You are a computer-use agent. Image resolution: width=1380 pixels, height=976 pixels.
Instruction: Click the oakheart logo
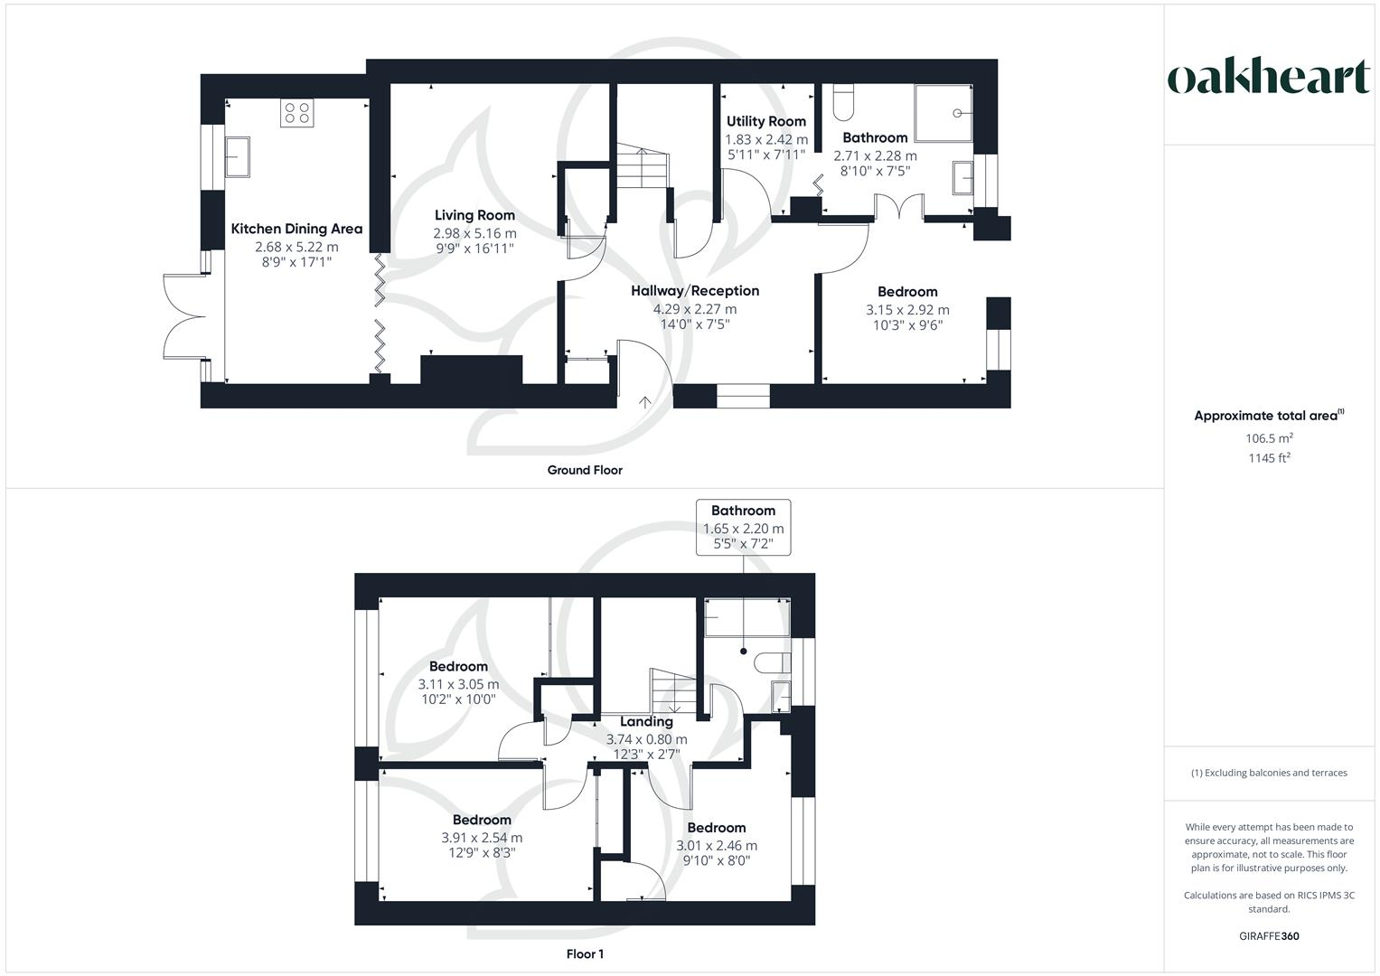tap(1269, 78)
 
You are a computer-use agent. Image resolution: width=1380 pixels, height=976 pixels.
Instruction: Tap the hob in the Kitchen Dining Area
tap(296, 112)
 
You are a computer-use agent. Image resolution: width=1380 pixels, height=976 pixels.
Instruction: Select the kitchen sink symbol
tap(238, 158)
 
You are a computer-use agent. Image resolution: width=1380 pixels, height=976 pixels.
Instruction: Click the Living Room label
tap(474, 215)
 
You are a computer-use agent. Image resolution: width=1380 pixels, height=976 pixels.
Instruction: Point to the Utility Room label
tap(765, 121)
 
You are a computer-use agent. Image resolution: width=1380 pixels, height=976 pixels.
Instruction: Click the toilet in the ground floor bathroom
tap(842, 102)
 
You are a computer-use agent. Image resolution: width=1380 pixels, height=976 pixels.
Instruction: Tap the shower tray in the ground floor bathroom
tap(943, 114)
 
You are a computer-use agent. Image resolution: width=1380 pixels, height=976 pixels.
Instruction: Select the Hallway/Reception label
tap(694, 291)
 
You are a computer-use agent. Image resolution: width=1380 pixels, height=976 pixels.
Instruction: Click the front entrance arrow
tap(645, 402)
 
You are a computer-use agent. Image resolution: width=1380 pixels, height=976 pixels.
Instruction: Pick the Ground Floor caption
tap(585, 470)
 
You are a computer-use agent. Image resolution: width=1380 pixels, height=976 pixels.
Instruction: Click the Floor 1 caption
tap(585, 954)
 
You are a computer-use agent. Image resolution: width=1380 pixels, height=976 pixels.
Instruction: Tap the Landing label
tap(646, 722)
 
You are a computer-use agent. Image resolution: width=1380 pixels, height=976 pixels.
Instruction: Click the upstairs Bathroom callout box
tap(743, 528)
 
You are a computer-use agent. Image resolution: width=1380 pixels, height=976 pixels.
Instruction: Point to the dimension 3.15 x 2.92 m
tap(907, 309)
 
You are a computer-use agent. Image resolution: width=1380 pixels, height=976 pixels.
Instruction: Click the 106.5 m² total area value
tap(1269, 438)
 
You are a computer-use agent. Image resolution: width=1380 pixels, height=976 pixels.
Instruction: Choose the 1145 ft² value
tap(1269, 458)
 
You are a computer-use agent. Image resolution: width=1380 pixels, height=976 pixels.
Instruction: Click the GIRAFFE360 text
tap(1269, 936)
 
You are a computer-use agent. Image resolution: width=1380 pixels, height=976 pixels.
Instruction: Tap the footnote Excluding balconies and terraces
tap(1269, 773)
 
